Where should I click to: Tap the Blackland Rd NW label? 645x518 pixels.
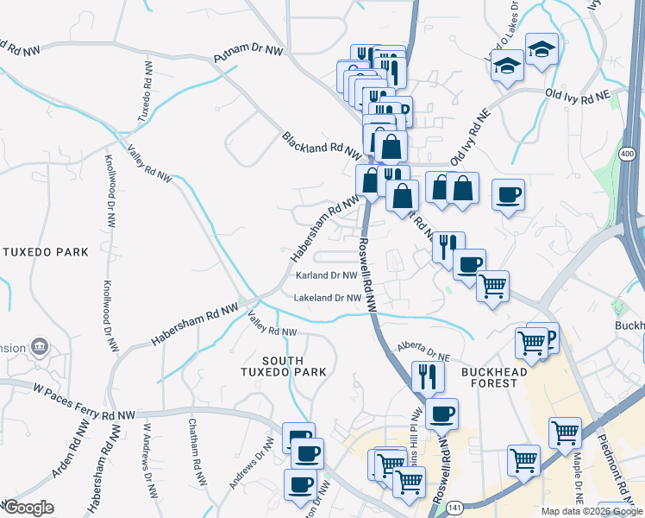[x=321, y=143]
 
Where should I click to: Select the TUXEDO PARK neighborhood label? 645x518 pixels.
[x=46, y=252]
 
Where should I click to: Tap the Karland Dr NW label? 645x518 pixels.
[x=327, y=276]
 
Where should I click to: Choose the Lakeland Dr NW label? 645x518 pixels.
[x=328, y=298]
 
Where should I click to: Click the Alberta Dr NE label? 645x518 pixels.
[x=424, y=349]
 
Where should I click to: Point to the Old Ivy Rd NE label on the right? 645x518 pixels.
[x=577, y=92]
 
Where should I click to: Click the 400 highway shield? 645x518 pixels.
[x=627, y=154]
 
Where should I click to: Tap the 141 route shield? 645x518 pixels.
[x=454, y=510]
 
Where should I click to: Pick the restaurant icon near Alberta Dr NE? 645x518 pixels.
[x=428, y=376]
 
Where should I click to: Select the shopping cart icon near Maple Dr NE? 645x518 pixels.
[x=565, y=432]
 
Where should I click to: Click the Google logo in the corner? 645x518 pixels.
[x=28, y=508]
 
